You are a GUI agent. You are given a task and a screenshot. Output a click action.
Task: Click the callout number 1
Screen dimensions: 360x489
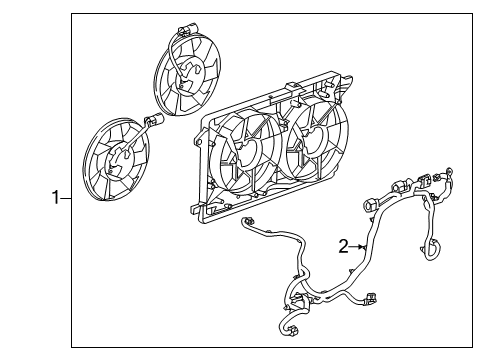tap(57, 197)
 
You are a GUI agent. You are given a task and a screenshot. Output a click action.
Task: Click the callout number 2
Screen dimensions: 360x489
tap(343, 246)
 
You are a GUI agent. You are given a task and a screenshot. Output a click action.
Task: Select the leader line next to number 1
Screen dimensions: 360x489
tap(68, 197)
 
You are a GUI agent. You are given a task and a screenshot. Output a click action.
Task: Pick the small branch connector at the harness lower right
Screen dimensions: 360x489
tap(372, 297)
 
